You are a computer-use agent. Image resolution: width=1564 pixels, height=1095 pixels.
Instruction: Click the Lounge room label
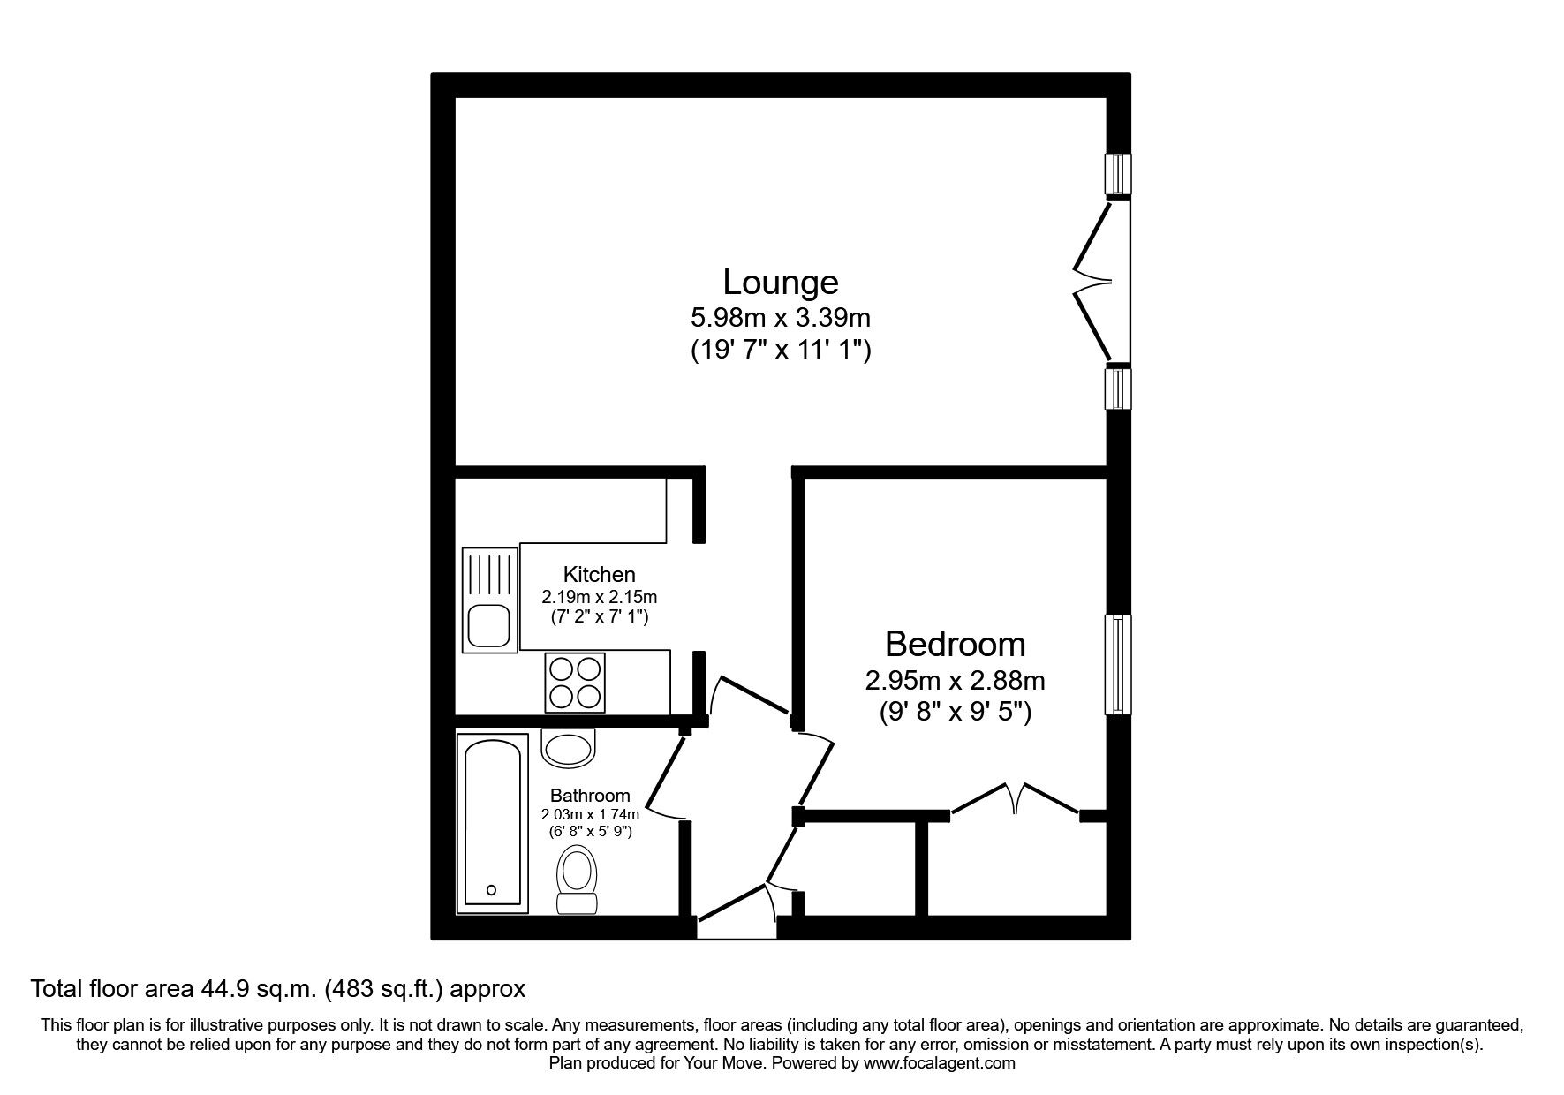[x=780, y=283]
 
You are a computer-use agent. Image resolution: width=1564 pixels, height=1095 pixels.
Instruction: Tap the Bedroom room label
[x=955, y=645]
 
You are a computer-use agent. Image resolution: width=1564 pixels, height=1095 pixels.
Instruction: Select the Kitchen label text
[x=599, y=575]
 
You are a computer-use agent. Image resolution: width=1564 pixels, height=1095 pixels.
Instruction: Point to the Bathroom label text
[x=590, y=796]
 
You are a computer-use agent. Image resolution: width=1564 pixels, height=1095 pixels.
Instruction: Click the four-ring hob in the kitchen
[x=575, y=682]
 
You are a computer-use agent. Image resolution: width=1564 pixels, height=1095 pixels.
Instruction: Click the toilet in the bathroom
[x=578, y=877]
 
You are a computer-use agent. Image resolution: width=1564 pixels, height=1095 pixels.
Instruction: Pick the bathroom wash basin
[x=568, y=748]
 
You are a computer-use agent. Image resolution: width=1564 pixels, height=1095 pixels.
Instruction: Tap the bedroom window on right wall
[x=1117, y=664]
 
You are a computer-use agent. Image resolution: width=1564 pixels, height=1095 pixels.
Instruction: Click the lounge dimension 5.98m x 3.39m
[x=780, y=317]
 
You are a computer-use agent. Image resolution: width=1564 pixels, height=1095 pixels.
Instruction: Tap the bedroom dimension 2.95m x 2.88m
[x=955, y=681]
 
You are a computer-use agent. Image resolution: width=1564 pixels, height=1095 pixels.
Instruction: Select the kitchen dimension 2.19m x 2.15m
[x=599, y=598]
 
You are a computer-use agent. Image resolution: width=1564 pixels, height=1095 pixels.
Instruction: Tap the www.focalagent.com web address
[x=939, y=1063]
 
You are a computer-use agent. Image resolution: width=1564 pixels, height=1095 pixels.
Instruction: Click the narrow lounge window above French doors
[x=1119, y=173]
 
